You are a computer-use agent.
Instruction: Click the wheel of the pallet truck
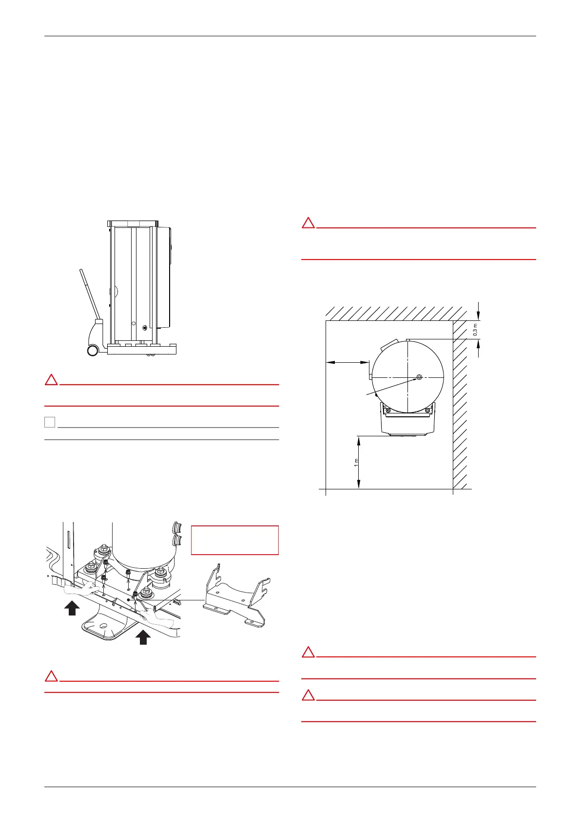pyautogui.click(x=92, y=350)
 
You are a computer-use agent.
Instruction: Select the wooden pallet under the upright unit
pyautogui.click(x=141, y=349)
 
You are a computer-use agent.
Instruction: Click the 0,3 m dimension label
pyautogui.click(x=476, y=330)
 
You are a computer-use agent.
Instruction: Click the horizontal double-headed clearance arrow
pyautogui.click(x=347, y=362)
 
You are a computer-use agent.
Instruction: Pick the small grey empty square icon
pyautogui.click(x=50, y=422)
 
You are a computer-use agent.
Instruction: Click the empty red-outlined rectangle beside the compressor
pyautogui.click(x=234, y=540)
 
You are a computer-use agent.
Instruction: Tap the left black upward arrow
pyautogui.click(x=72, y=608)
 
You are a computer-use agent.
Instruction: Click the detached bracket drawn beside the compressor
pyautogui.click(x=237, y=596)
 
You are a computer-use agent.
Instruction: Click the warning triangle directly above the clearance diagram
pyautogui.click(x=308, y=223)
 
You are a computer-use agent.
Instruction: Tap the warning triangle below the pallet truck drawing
pyautogui.click(x=51, y=380)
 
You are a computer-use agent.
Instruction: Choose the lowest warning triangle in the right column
pyautogui.click(x=308, y=695)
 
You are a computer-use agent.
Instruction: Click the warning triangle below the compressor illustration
pyautogui.click(x=51, y=676)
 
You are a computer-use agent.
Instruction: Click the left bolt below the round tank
pyautogui.click(x=388, y=410)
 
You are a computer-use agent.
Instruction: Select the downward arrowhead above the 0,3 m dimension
pyautogui.click(x=479, y=314)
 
